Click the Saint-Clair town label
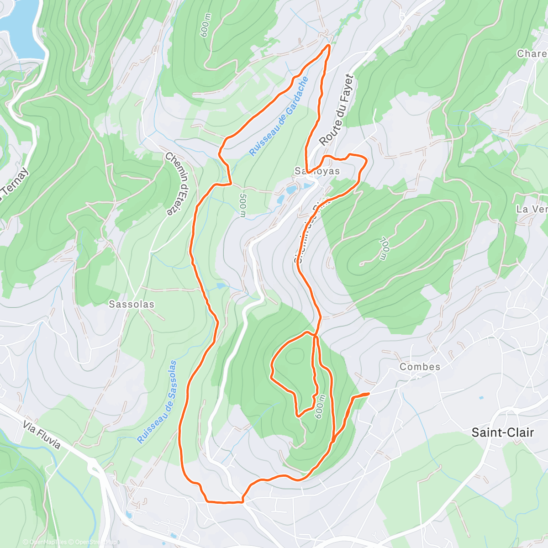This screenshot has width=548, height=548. click(x=502, y=432)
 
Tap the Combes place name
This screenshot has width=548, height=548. click(x=420, y=367)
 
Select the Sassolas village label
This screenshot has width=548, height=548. click(x=132, y=304)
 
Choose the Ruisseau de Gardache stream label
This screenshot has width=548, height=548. click(x=279, y=117)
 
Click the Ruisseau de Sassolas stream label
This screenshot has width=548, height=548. click(x=158, y=402)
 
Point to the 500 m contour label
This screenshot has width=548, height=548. click(x=242, y=205)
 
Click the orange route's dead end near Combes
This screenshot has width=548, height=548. click(x=368, y=394)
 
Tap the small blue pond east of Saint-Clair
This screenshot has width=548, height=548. click(x=481, y=398)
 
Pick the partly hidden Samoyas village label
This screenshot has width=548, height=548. click(x=317, y=171)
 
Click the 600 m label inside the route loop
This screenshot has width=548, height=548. click(x=320, y=406)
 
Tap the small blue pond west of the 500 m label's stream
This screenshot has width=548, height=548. click(x=221, y=286)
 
